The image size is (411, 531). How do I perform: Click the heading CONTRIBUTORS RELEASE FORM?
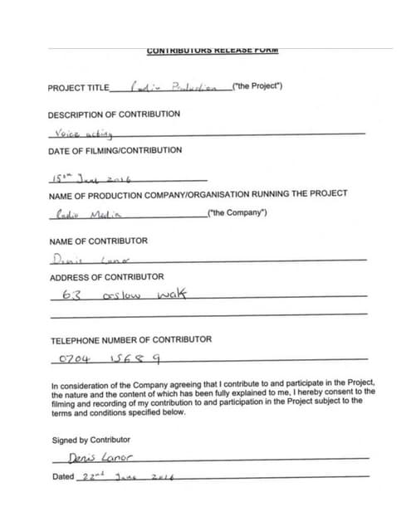pyautogui.click(x=212, y=51)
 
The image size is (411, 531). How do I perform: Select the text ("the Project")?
pyautogui.click(x=258, y=86)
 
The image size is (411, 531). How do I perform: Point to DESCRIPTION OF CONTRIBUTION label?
pyautogui.click(x=113, y=114)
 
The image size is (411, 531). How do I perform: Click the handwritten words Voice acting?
pyautogui.click(x=81, y=134)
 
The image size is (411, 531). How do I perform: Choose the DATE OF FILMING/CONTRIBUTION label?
pyautogui.click(x=115, y=150)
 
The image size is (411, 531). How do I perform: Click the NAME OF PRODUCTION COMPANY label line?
pyautogui.click(x=198, y=193)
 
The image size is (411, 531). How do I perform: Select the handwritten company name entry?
pyautogui.click(x=86, y=213)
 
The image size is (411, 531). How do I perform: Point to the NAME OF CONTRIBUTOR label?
pyautogui.click(x=98, y=241)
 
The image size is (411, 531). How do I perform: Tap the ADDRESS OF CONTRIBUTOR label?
pyautogui.click(x=105, y=276)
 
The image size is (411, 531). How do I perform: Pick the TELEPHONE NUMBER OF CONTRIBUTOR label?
pyautogui.click(x=131, y=339)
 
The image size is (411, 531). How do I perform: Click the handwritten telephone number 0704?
pyautogui.click(x=73, y=359)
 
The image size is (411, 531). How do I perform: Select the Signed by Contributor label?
pyautogui.click(x=91, y=439)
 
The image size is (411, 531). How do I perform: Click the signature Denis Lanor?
pyautogui.click(x=103, y=458)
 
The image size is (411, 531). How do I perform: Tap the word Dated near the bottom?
pyautogui.click(x=62, y=477)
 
